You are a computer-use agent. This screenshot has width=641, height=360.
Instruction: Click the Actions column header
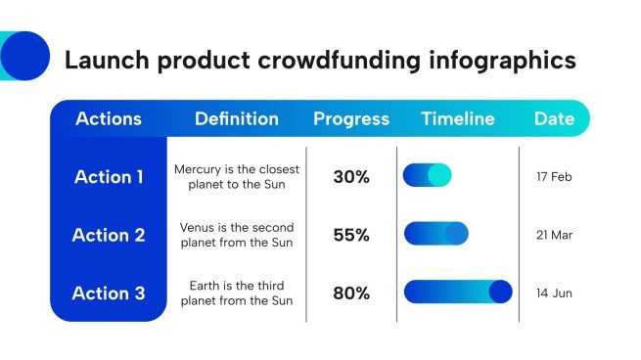(109, 119)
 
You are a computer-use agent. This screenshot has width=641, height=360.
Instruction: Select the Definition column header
(236, 119)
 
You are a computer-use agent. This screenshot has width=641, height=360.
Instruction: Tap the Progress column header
(351, 119)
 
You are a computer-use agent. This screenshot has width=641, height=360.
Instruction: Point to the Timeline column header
(458, 119)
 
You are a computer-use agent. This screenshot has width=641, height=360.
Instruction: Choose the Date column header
(554, 119)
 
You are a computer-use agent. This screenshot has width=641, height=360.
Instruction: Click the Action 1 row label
(109, 177)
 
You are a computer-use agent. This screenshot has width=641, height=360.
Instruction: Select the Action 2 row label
(109, 235)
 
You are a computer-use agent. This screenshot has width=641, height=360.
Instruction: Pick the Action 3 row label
(109, 292)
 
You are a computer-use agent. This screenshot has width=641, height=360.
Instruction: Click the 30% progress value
(351, 177)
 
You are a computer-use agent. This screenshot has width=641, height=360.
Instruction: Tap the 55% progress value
(351, 235)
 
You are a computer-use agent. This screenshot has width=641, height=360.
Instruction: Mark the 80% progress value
(351, 292)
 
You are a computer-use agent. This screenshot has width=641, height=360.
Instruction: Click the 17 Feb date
(554, 177)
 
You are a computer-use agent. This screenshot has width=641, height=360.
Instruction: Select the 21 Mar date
(554, 235)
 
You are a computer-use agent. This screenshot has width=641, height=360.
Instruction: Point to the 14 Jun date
(554, 292)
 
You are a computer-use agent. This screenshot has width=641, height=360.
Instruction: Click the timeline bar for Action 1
(427, 175)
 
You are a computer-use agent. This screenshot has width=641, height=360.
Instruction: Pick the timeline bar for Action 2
(435, 234)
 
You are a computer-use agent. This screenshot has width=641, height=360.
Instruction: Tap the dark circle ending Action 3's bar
(500, 292)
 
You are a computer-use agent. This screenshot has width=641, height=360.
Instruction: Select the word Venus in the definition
(198, 227)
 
